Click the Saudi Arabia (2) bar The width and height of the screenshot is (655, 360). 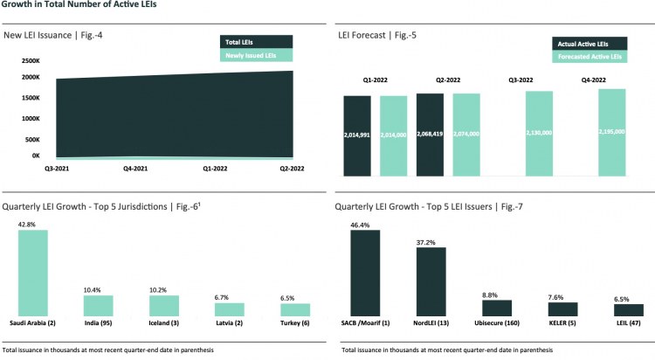coord(33,273)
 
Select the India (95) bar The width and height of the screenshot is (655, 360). coord(98,305)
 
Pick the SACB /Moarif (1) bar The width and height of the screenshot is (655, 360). coord(364,273)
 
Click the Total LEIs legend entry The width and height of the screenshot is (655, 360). coord(254,42)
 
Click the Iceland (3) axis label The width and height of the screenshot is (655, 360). coord(163,322)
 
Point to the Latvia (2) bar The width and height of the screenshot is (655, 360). coord(229,309)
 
